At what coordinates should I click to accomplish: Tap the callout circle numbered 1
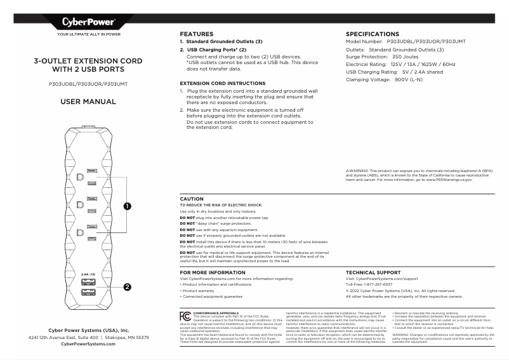point(127,206)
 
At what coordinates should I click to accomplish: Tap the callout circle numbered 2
point(127,286)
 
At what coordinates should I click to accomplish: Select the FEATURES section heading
point(196,34)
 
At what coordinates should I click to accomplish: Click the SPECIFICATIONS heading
point(372,34)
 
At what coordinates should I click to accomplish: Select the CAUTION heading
point(192,199)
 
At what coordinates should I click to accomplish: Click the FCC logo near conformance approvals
point(185,315)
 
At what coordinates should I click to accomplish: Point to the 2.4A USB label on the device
point(88,274)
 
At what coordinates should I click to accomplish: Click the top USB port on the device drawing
point(88,281)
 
